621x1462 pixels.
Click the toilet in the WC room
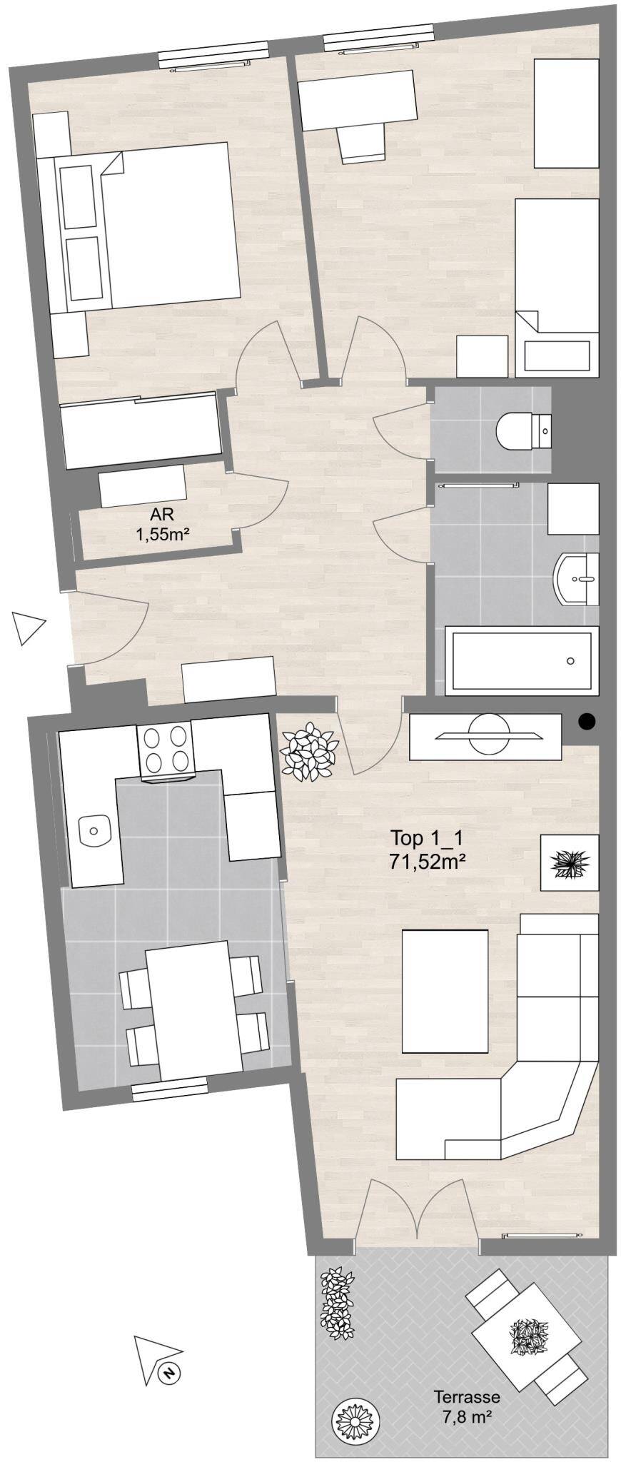[524, 430]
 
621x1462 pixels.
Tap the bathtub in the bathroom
[521, 661]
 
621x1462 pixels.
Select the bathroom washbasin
[577, 579]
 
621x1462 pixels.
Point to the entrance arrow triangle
[27, 628]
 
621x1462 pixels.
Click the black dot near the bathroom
[586, 722]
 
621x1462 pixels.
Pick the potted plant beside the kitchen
[309, 750]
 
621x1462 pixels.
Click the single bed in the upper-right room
[557, 287]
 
